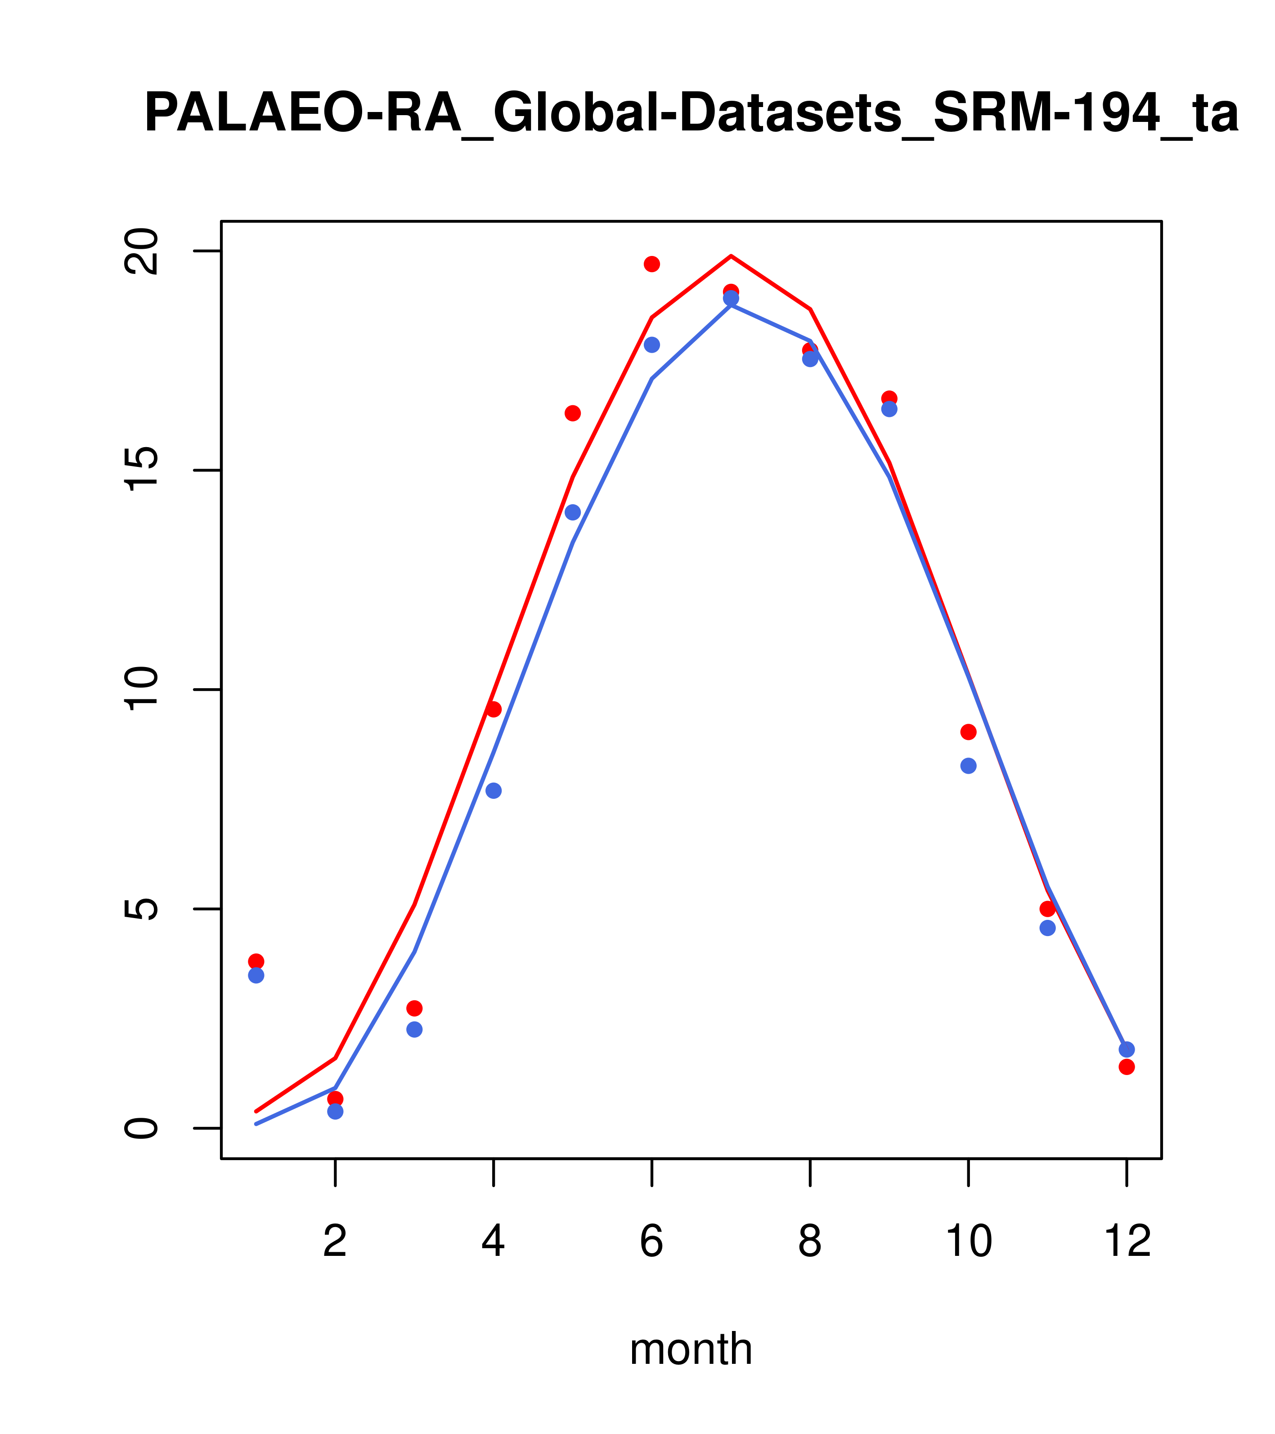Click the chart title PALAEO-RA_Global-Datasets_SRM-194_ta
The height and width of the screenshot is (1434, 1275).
[x=691, y=114]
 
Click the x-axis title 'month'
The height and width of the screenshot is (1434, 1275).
[x=691, y=1349]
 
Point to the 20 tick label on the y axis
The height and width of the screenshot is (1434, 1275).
[x=140, y=251]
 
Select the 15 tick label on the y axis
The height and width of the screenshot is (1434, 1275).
[x=140, y=470]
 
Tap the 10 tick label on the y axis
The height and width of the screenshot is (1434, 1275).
[x=140, y=689]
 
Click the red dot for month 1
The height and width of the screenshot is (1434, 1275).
[x=256, y=961]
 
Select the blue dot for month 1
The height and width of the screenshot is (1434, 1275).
[x=256, y=975]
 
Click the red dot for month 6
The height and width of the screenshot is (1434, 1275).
[x=652, y=264]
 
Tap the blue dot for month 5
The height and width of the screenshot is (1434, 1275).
[x=573, y=512]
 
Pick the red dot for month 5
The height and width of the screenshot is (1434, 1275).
[x=573, y=413]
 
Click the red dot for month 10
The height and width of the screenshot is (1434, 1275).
[x=968, y=732]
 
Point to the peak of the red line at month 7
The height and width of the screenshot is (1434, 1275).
[x=731, y=256]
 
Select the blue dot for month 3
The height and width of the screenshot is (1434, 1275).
[x=415, y=1029]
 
